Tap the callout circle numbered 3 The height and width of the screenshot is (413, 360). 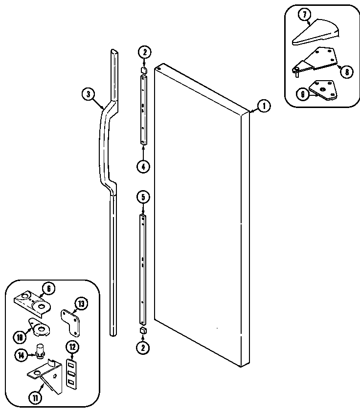[x=88, y=95]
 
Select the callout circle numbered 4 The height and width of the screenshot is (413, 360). [x=143, y=166]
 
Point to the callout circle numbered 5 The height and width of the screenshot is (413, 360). [x=143, y=197]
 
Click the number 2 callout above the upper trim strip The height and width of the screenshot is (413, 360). [x=143, y=52]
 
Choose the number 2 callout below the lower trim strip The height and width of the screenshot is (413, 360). [x=143, y=348]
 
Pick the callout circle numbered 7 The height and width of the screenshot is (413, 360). [x=305, y=15]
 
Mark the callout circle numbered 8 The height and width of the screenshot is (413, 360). [x=346, y=72]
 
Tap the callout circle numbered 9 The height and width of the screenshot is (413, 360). [x=303, y=94]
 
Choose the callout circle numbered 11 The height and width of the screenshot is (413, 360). [x=36, y=397]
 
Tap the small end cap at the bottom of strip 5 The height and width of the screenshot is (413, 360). [x=143, y=331]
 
